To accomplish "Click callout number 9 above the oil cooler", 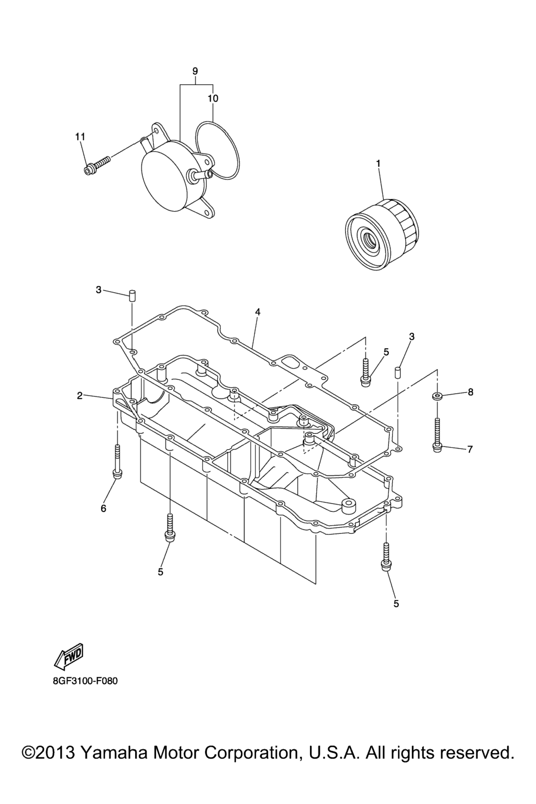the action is [195, 71].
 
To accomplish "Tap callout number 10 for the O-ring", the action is [213, 98].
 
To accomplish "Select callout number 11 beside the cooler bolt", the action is [80, 137].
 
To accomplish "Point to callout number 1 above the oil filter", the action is [378, 163].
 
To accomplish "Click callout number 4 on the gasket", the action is [258, 312].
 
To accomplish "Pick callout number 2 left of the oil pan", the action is [80, 396].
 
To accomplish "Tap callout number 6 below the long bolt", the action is [104, 508].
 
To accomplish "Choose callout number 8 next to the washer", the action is [470, 392].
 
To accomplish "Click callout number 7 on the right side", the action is [470, 449].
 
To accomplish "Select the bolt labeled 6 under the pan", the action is [117, 461].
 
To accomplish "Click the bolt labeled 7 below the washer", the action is [437, 434].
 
